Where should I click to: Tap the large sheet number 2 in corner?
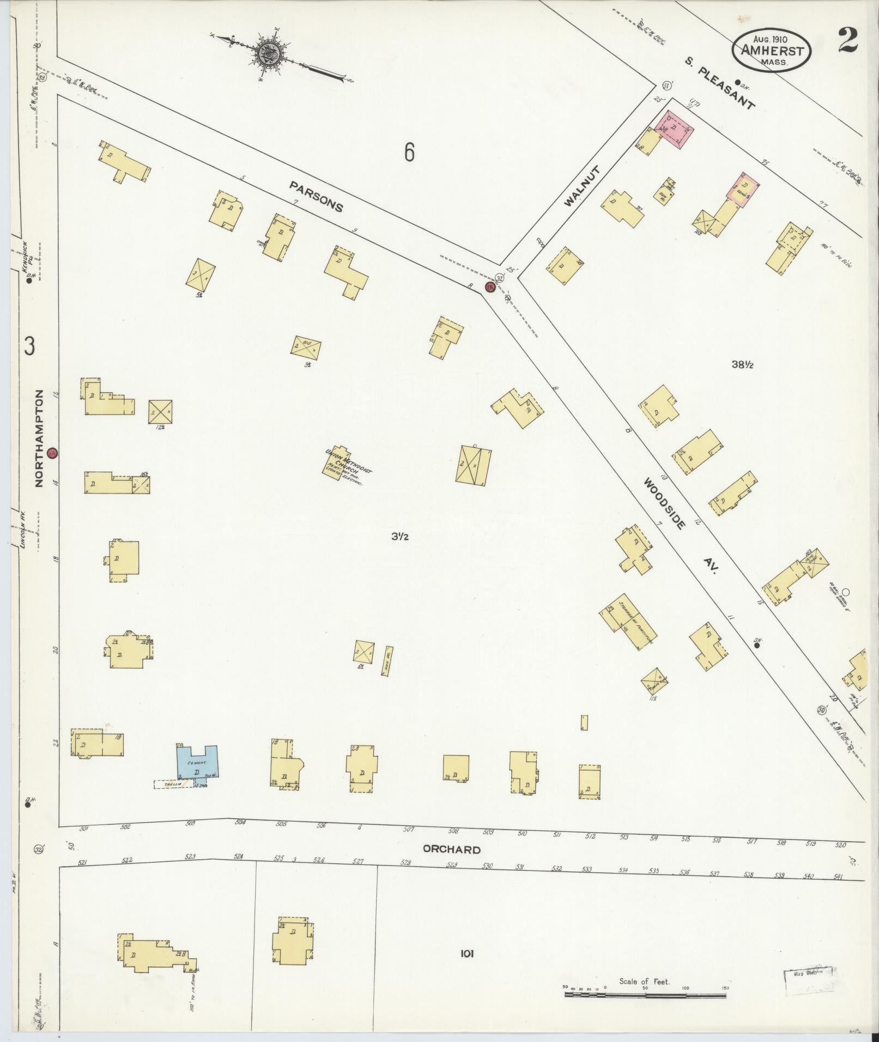click(x=848, y=39)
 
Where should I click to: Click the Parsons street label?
click(x=317, y=197)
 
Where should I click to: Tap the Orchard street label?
click(x=452, y=849)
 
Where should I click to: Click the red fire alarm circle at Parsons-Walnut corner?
click(x=489, y=287)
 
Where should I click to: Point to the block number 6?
click(x=409, y=152)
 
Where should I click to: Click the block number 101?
click(x=467, y=953)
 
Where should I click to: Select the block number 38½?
click(x=742, y=365)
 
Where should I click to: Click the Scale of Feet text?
click(x=644, y=982)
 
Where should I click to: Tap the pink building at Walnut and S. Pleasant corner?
click(x=676, y=128)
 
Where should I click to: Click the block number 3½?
click(x=399, y=537)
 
